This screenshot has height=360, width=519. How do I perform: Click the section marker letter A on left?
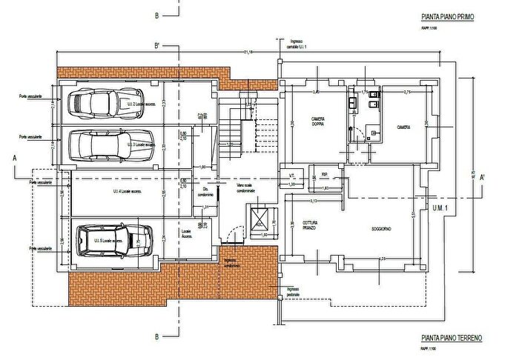pyautogui.click(x=14, y=159)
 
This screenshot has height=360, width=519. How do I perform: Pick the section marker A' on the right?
pyautogui.click(x=482, y=177)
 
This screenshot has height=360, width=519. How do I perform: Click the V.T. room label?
pyautogui.click(x=292, y=175)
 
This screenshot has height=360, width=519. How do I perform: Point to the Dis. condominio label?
pyautogui.click(x=207, y=191)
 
